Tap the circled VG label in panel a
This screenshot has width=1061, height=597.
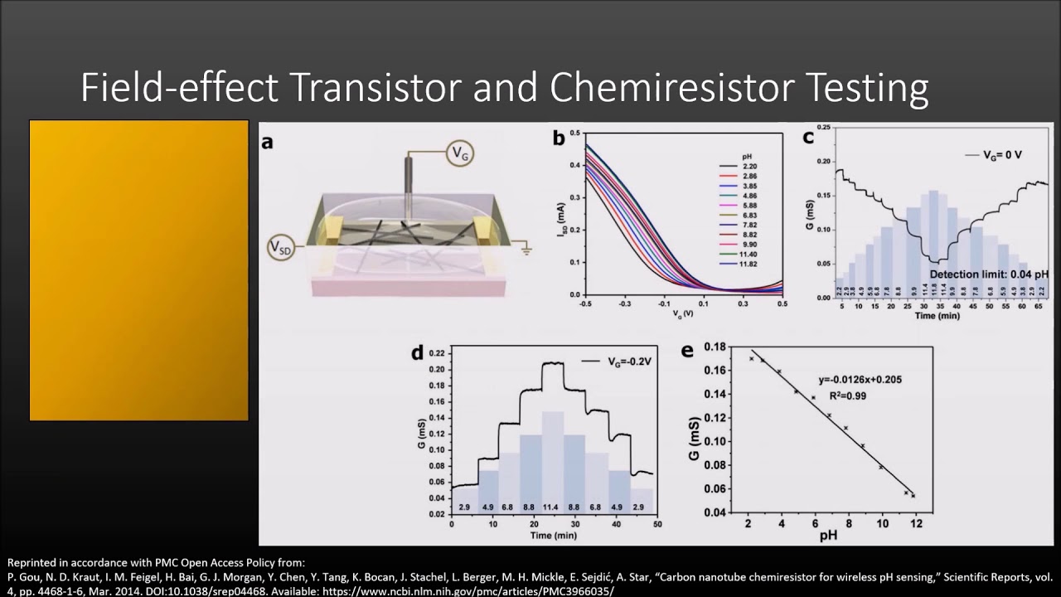[x=460, y=153]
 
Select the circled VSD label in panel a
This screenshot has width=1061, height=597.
[x=280, y=247]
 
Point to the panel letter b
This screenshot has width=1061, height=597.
[x=559, y=138]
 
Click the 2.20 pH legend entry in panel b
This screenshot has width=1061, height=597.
[x=748, y=166]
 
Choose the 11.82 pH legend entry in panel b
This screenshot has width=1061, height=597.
[x=748, y=264]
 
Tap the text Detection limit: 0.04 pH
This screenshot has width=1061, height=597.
[x=988, y=274]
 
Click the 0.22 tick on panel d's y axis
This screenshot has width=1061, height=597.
[x=438, y=354]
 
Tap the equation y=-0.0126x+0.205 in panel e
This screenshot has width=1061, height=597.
[x=860, y=380]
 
